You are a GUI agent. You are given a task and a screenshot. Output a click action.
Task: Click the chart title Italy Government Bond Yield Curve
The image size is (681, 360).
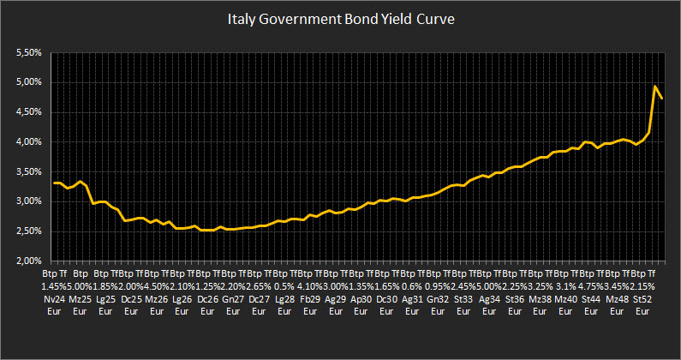tap(340, 18)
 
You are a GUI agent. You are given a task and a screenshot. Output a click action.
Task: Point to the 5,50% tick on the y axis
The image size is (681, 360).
tap(29, 53)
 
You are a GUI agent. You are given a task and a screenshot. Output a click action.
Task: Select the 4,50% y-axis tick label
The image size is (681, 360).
tap(29, 112)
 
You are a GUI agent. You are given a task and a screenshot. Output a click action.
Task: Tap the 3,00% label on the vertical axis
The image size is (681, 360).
tap(29, 201)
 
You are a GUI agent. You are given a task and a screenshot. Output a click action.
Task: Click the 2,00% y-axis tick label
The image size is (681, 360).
tap(29, 261)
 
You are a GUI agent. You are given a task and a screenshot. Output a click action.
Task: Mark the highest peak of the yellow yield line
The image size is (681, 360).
tap(655, 87)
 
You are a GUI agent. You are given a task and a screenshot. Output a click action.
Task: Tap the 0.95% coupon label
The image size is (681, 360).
tap(438, 285)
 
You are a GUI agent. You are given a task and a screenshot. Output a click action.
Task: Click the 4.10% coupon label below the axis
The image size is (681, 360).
tap(310, 285)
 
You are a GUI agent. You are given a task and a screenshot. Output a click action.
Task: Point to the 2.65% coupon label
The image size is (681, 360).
tap(259, 285)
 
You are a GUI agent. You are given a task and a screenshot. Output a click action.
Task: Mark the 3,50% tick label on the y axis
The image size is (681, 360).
tap(29, 171)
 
